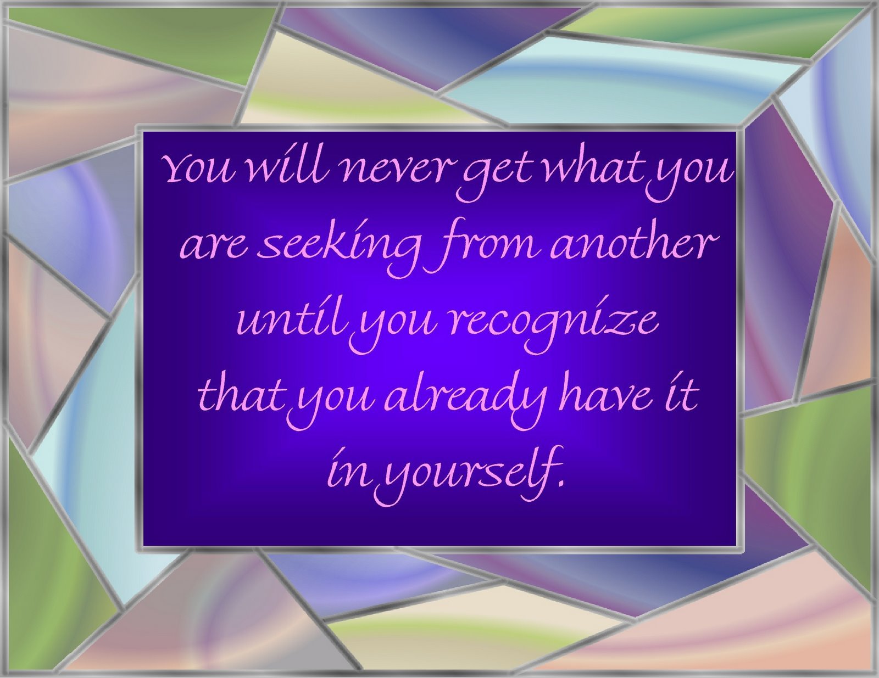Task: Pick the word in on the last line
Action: click(x=347, y=469)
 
